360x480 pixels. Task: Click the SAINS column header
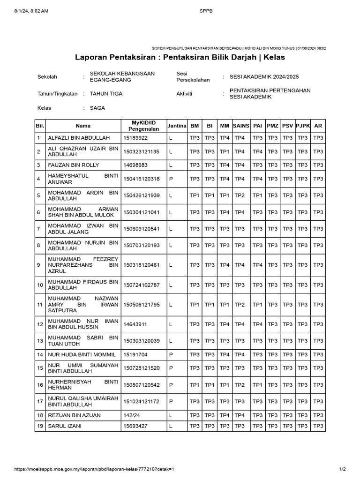pos(240,126)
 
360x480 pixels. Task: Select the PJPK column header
pos(303,126)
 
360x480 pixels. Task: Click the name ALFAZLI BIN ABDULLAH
pos(78,138)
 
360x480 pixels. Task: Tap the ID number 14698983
pos(135,165)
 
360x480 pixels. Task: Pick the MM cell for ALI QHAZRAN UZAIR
pos(225,152)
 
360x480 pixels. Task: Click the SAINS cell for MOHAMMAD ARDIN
pos(240,195)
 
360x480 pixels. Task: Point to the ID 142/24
pos(132,415)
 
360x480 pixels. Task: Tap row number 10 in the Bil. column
pos(40,285)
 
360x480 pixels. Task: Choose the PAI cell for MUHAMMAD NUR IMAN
pos(257,324)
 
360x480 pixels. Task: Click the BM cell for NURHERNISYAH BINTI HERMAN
pos(194,385)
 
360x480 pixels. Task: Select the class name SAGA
pos(97,108)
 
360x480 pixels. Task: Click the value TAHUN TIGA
pos(106,94)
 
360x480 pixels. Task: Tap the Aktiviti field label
pos(184,94)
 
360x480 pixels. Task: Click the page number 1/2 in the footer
pos(342,469)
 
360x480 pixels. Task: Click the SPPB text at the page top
pos(206,11)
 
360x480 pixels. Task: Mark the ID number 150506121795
pos(141,305)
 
